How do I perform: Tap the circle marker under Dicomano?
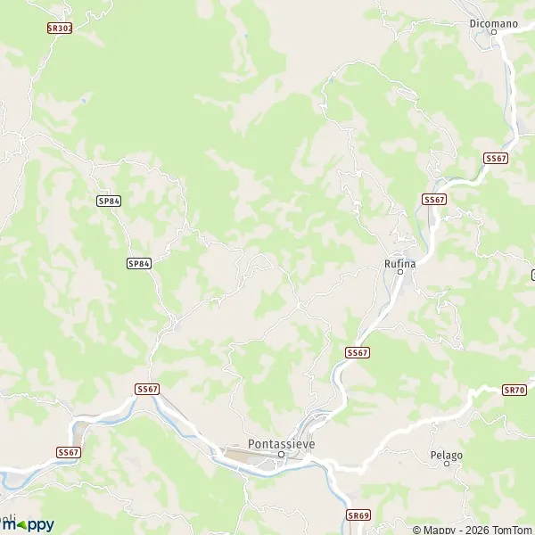tap(493, 32)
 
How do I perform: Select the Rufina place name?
tap(399, 262)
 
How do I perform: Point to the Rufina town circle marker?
tap(400, 273)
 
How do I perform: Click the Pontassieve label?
tap(281, 443)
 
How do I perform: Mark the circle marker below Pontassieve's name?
tap(281, 455)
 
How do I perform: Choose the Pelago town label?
tap(446, 455)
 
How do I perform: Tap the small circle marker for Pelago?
tap(446, 465)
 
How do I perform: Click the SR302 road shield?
tap(59, 29)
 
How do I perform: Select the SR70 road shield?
tap(514, 390)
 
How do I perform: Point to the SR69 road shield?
tap(358, 515)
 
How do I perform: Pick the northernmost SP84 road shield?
tap(109, 202)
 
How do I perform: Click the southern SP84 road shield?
tap(139, 263)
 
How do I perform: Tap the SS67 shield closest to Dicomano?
tap(496, 158)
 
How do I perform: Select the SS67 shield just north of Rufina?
tap(434, 200)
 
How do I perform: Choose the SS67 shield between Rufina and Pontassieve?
tap(357, 353)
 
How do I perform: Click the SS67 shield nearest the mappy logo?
tap(69, 452)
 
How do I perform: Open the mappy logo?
tap(28, 525)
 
